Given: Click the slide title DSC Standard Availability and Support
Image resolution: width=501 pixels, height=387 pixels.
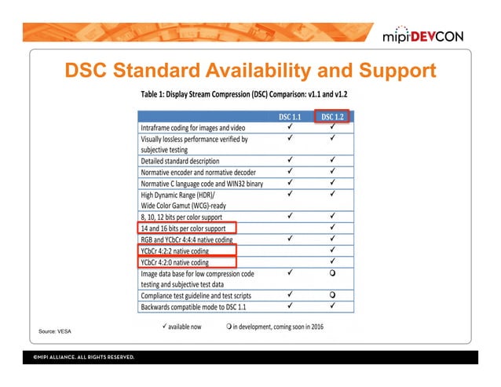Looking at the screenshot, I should point(250,71).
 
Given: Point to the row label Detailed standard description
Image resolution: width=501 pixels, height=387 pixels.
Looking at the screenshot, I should point(180,161).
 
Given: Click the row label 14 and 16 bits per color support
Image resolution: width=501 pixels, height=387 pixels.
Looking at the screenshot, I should point(183,228).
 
